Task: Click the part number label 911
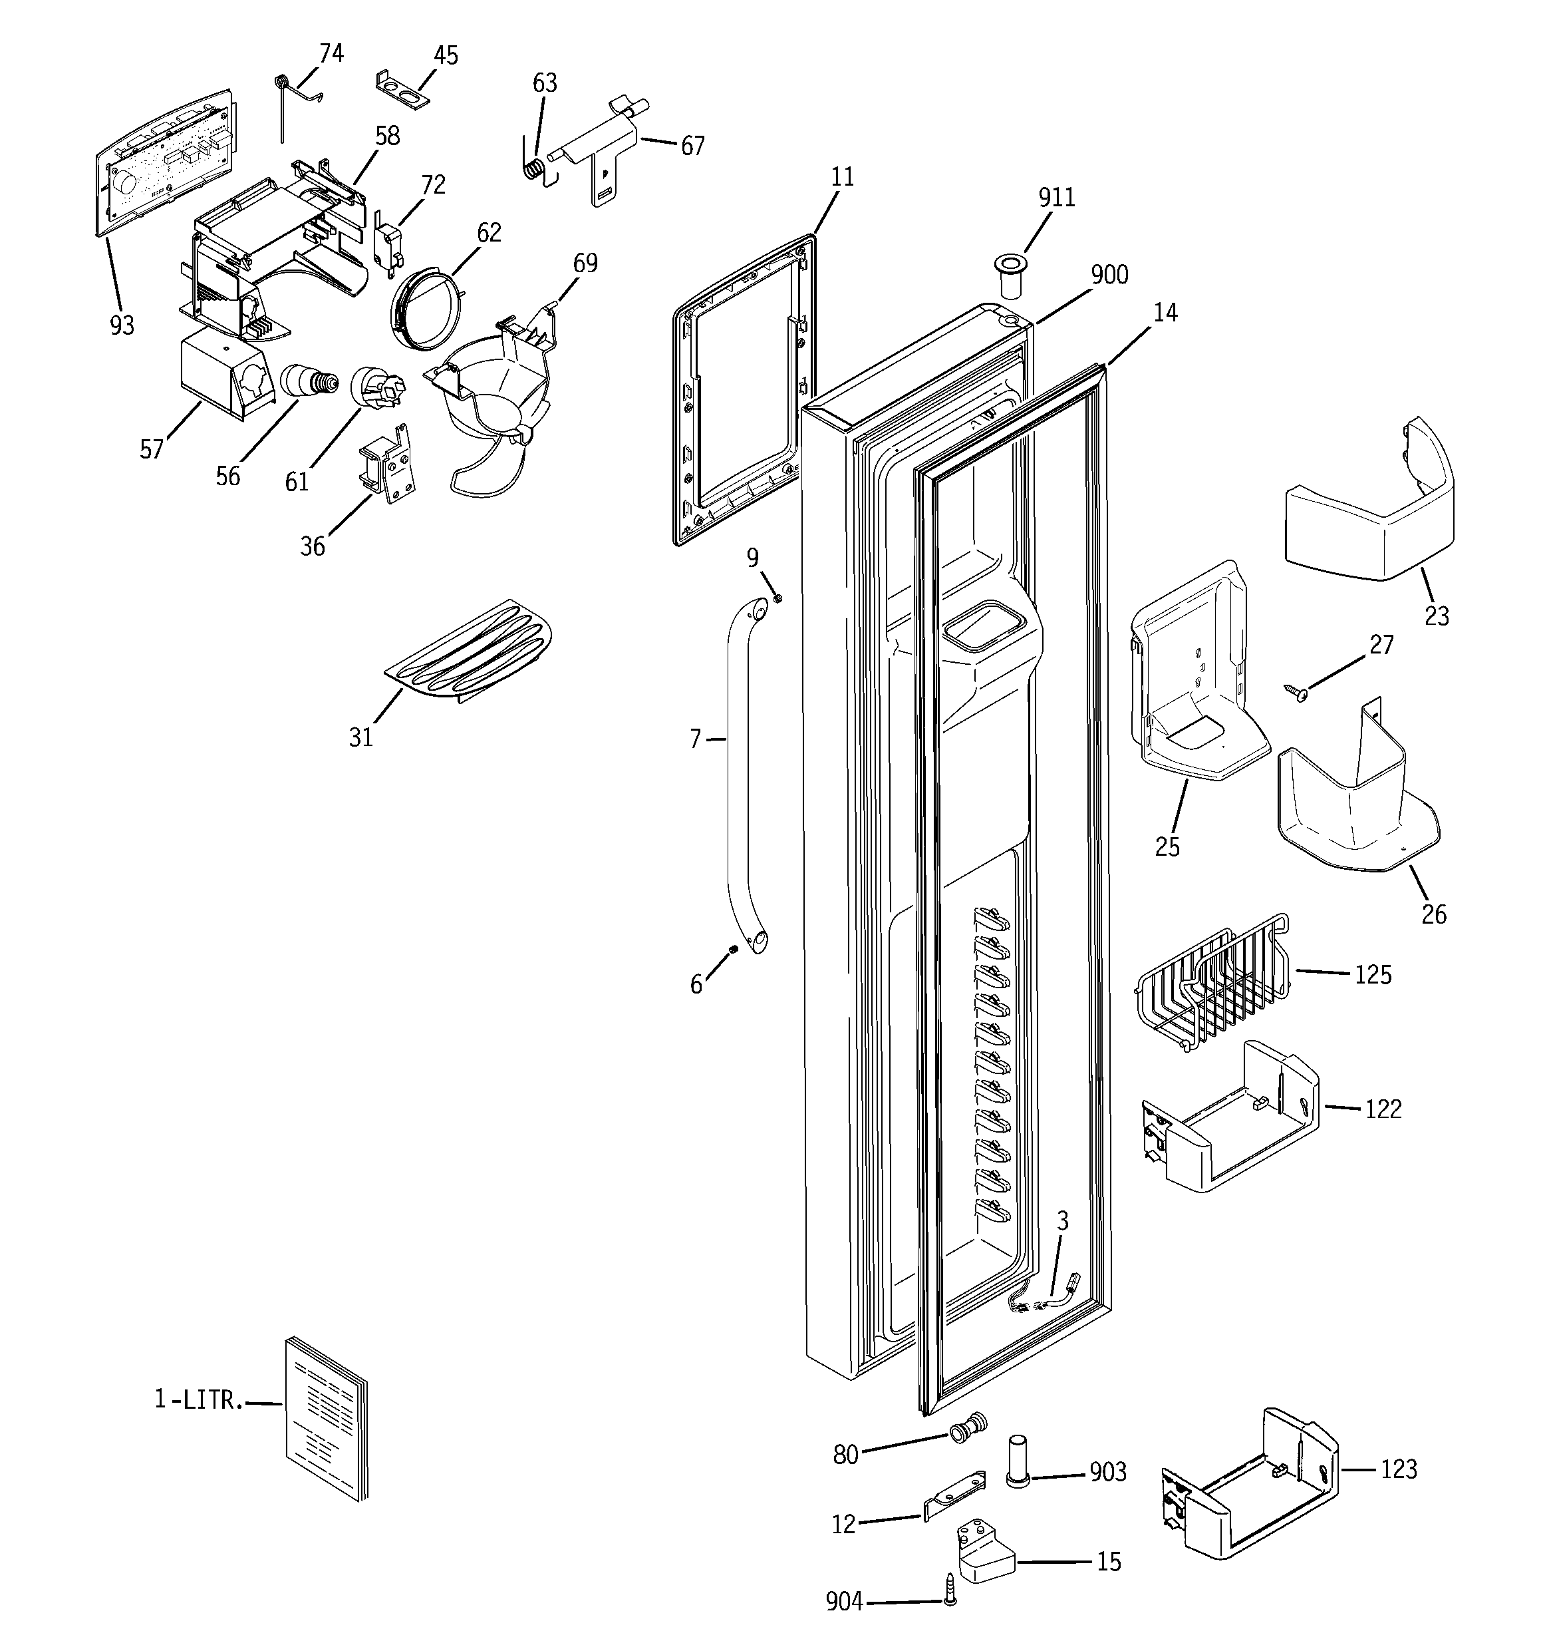1056,197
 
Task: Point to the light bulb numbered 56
309,382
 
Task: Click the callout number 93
122,325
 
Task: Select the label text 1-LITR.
199,1400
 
